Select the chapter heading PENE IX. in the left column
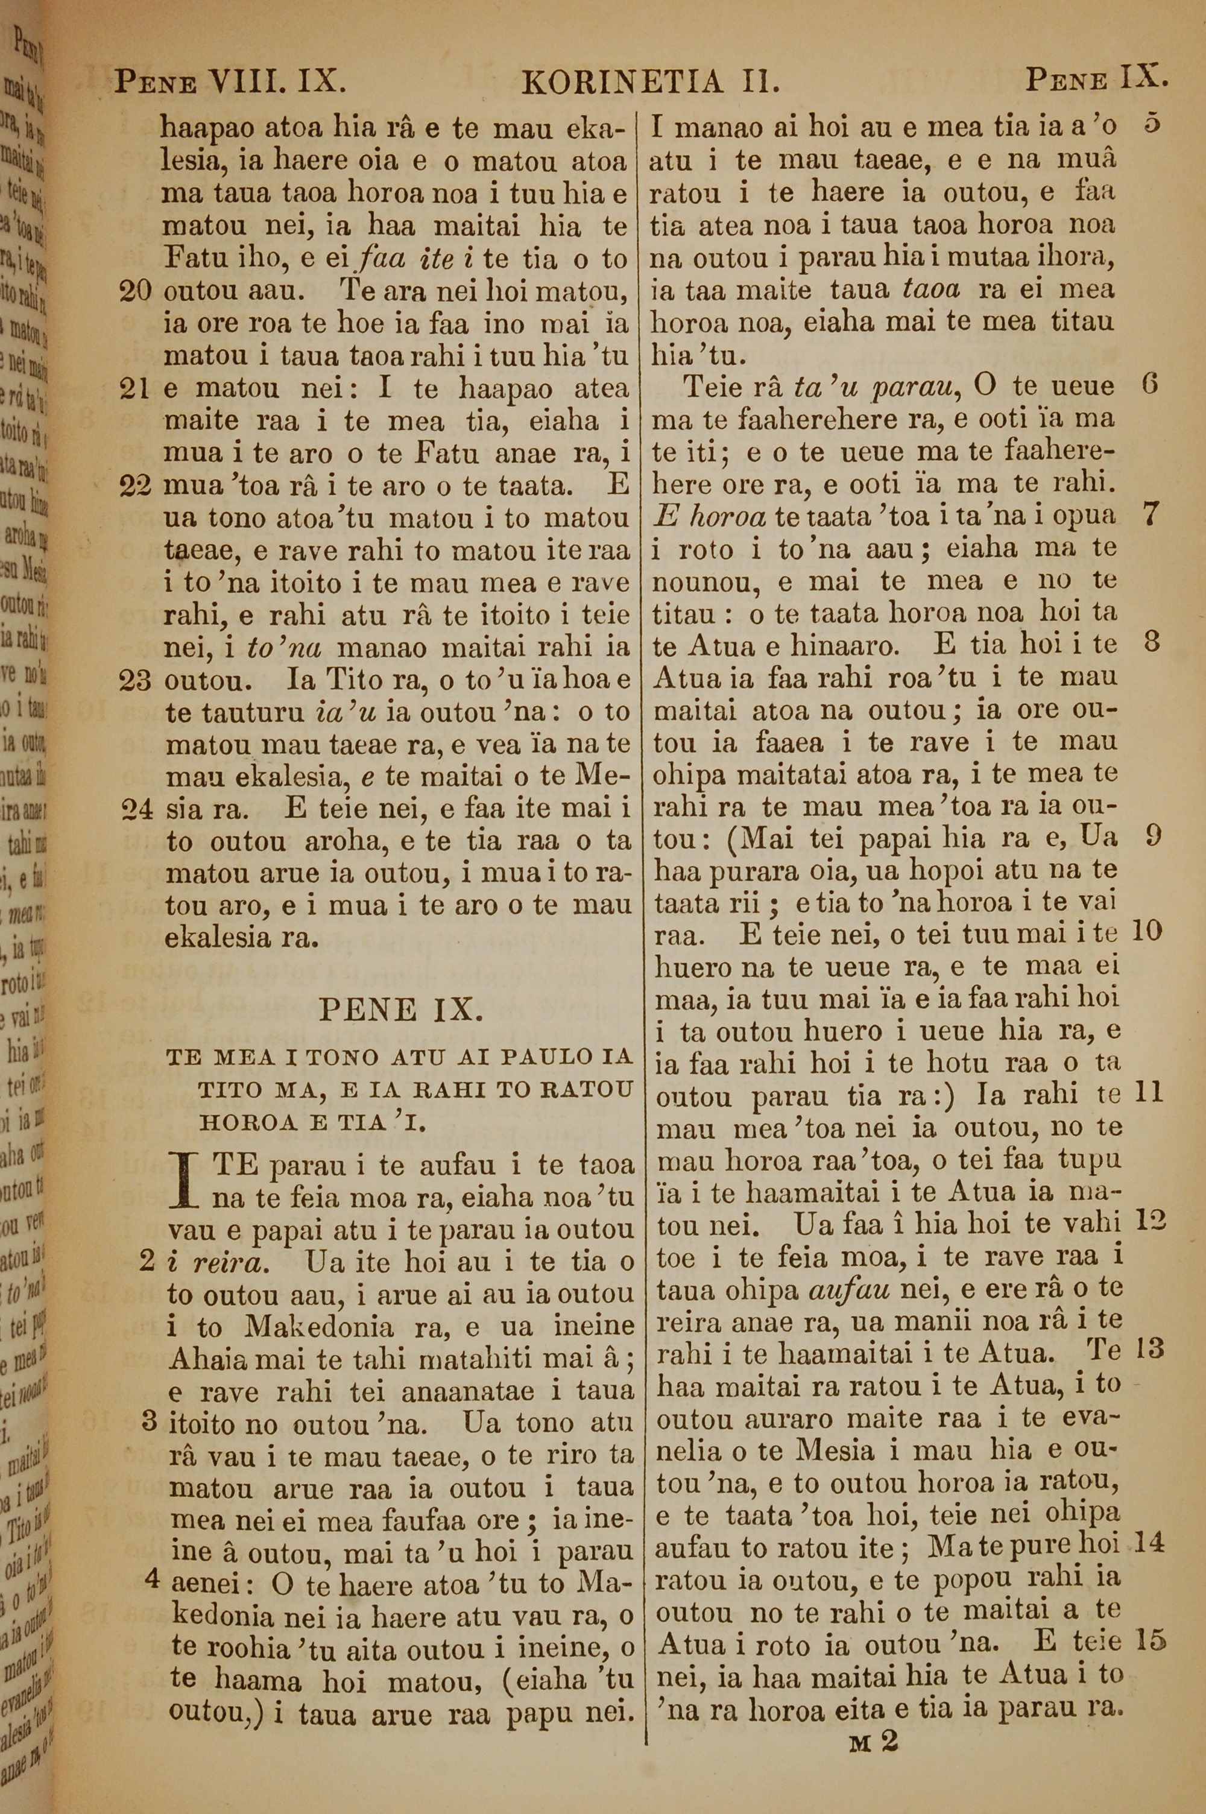click(x=401, y=1009)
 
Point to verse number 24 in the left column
click(x=137, y=810)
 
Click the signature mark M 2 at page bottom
click(x=874, y=1719)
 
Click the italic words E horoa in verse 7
click(x=709, y=517)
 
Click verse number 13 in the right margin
click(x=1150, y=1350)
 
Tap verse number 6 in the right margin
click(x=1150, y=385)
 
